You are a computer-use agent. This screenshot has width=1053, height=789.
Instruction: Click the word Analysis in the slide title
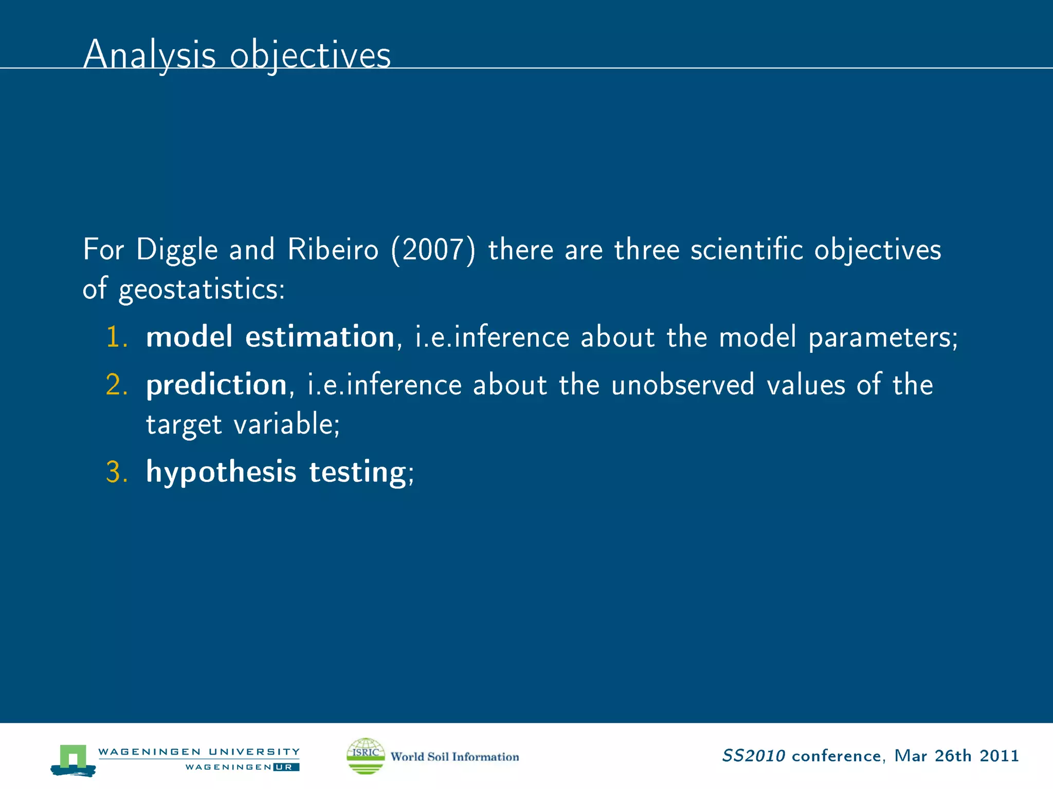point(149,54)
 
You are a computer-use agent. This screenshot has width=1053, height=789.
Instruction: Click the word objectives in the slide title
point(310,54)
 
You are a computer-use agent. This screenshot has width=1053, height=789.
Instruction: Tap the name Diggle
point(177,250)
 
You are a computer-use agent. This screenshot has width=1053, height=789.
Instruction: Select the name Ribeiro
point(333,250)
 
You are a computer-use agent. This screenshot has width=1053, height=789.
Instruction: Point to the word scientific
point(746,250)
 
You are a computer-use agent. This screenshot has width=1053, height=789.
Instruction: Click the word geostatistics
point(201,289)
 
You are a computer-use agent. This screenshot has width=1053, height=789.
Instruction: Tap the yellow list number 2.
point(116,385)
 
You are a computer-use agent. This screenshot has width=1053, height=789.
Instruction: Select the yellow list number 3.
point(116,472)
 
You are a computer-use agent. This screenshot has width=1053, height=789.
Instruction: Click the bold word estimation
point(319,337)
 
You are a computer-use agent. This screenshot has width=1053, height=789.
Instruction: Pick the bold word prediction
point(216,385)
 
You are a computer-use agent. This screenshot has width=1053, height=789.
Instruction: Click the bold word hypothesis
point(221,472)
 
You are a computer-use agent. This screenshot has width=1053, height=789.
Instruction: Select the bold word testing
point(358,472)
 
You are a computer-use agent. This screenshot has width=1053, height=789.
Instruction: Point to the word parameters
point(882,337)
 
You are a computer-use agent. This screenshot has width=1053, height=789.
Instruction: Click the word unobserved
point(682,385)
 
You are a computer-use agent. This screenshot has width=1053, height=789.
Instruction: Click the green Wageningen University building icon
point(72,759)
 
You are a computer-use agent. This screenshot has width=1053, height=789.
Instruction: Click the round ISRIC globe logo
point(366,756)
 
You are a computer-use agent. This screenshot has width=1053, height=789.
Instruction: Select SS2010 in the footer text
point(753,756)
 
